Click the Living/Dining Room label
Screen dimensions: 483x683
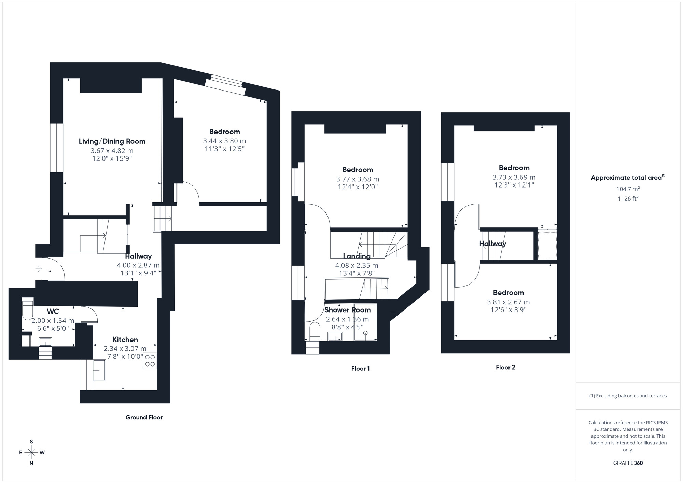click(112, 141)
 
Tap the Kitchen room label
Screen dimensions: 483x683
click(125, 340)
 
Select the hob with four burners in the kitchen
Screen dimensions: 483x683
click(150, 361)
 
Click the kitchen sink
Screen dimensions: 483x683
click(99, 370)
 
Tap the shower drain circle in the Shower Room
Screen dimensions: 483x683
click(365, 333)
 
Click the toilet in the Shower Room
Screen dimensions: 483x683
click(315, 332)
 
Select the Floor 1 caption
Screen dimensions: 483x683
click(360, 369)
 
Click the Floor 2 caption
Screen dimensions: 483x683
click(505, 368)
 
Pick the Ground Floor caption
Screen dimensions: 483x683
click(144, 417)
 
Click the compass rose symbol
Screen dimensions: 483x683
click(31, 453)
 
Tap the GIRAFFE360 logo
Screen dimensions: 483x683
click(628, 463)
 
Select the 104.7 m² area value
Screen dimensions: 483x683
click(628, 189)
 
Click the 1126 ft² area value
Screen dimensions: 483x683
click(628, 198)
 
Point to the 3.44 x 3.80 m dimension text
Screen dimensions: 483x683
click(224, 141)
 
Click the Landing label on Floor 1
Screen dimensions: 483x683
click(357, 256)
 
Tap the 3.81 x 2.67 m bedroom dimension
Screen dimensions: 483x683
click(508, 302)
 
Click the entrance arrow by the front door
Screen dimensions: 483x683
click(39, 269)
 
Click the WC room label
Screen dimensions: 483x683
click(53, 312)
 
